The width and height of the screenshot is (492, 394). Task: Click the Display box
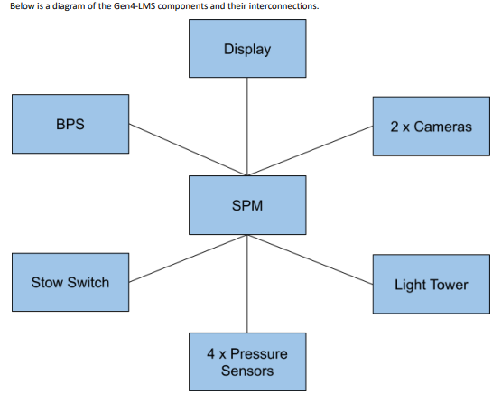click(247, 49)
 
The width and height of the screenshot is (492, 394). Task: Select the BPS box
click(70, 124)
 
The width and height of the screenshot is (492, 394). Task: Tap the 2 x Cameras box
click(432, 127)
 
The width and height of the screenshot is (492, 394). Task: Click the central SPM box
click(247, 205)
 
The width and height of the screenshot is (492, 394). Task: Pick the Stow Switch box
click(70, 282)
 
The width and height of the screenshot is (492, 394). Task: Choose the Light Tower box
click(432, 284)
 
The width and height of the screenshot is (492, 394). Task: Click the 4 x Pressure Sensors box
click(247, 362)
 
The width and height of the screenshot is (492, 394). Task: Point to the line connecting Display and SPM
click(247, 127)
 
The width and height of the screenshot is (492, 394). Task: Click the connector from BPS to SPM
click(188, 150)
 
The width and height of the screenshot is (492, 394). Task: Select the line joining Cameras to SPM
click(310, 151)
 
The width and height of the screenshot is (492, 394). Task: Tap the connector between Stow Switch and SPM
click(188, 258)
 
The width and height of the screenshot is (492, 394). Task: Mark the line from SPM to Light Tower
click(310, 259)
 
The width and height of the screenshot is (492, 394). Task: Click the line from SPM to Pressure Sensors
click(247, 284)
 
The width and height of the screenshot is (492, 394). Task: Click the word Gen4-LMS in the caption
click(135, 6)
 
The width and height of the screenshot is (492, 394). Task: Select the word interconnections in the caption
click(283, 6)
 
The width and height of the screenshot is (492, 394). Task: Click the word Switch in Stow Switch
click(88, 283)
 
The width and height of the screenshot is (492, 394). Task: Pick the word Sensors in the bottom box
click(247, 371)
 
